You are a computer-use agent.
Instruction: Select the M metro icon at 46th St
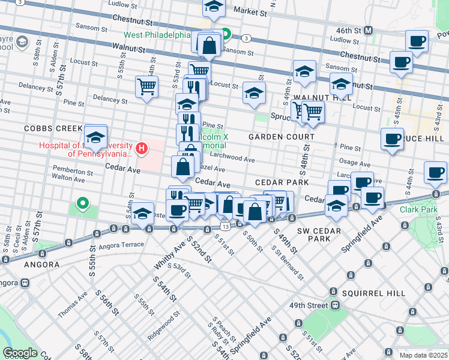pyautogui.click(x=369, y=30)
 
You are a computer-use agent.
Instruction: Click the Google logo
pyautogui.click(x=20, y=353)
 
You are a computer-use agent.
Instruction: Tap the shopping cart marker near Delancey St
pyautogui.click(x=146, y=87)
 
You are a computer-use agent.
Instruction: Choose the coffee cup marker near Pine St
pyautogui.click(x=392, y=139)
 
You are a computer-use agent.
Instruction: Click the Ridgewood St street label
pyautogui.click(x=163, y=325)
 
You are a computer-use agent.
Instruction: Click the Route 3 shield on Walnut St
pyautogui.click(x=247, y=38)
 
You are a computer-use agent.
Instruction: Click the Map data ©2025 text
pyautogui.click(x=423, y=355)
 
